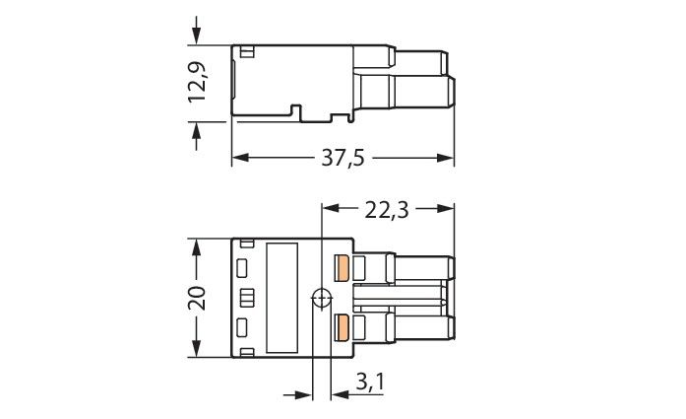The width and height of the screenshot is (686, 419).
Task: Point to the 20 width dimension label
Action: pos(197,297)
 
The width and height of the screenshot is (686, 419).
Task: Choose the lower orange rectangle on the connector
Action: pos(343,327)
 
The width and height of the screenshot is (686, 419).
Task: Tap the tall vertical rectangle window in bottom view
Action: pos(283,297)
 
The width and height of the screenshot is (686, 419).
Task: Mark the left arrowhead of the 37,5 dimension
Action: pos(239,158)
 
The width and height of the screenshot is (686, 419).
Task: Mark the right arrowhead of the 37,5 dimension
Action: pos(447,158)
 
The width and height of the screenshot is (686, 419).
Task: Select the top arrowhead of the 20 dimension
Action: pos(197,245)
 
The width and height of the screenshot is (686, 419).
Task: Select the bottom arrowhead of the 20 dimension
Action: pos(197,350)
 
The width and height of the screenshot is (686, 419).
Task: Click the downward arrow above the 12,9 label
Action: pos(197,35)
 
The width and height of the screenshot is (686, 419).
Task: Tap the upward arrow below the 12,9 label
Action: pos(197,129)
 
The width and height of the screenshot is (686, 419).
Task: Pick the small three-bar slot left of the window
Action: pos(246,297)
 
